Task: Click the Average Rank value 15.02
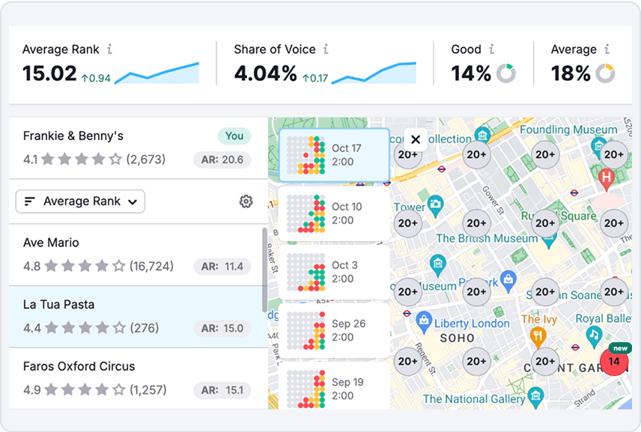[49, 73]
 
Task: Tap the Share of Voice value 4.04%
[265, 73]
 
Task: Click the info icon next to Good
[491, 49]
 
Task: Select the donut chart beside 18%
[604, 73]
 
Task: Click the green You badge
[234, 136]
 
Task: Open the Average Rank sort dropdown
[80, 201]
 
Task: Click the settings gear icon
[246, 201]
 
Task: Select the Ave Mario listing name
[51, 243]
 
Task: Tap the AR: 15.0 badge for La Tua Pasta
[222, 328]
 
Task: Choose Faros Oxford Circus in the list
[79, 366]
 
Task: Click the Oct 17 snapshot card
[334, 155]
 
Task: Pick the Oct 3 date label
[344, 265]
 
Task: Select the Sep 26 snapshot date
[348, 323]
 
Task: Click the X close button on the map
[416, 139]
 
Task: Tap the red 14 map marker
[614, 362]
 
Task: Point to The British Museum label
[487, 238]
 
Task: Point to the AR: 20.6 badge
[222, 159]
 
